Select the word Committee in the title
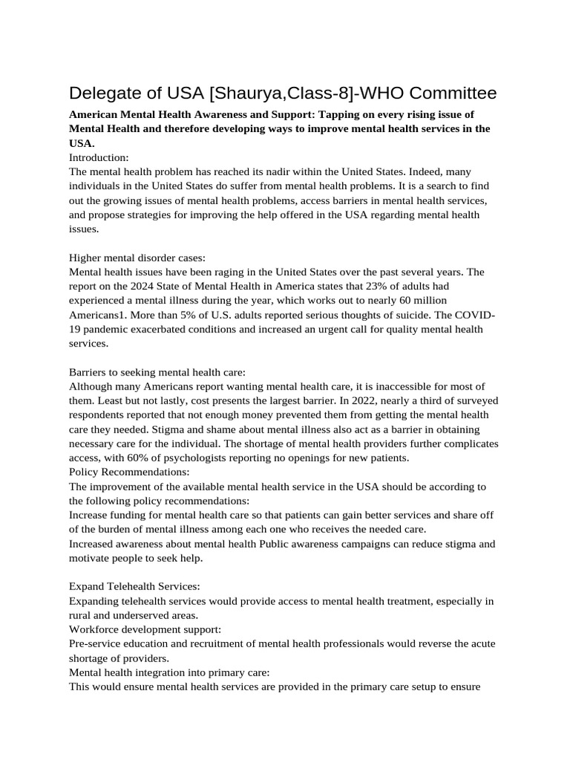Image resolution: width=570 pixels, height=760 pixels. (438, 94)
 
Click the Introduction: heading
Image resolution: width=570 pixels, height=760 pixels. (99, 157)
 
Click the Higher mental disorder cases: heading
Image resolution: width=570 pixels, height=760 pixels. (131, 258)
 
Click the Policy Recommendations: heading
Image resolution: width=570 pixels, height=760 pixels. (128, 472)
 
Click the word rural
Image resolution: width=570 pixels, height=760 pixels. (81, 615)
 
